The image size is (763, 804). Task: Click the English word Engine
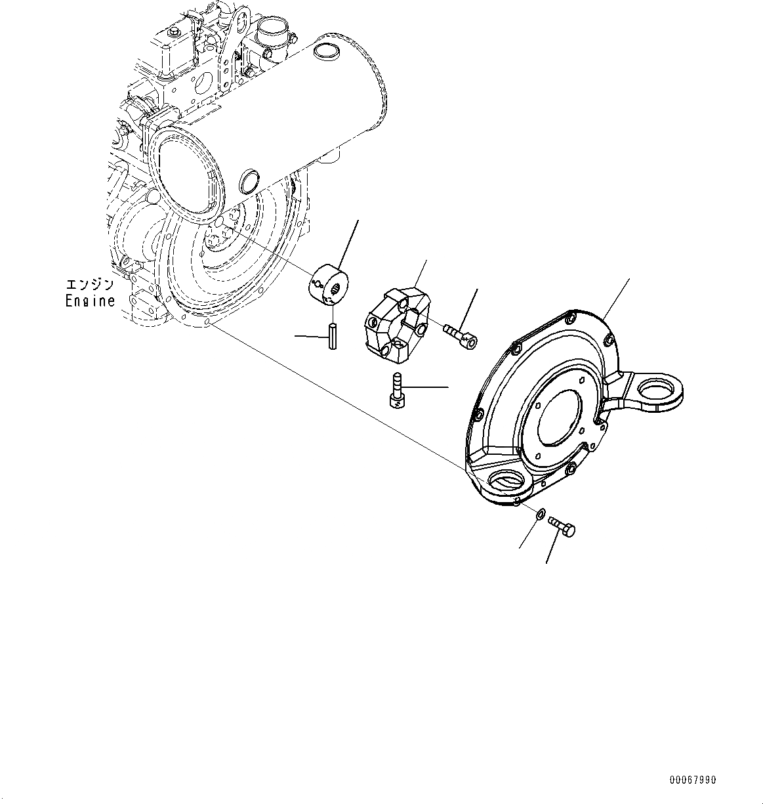click(x=90, y=301)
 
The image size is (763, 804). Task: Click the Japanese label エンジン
click(x=90, y=285)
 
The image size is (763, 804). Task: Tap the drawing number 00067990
click(x=693, y=780)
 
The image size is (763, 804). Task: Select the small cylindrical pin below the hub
click(x=333, y=337)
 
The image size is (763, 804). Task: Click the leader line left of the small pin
click(x=310, y=336)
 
